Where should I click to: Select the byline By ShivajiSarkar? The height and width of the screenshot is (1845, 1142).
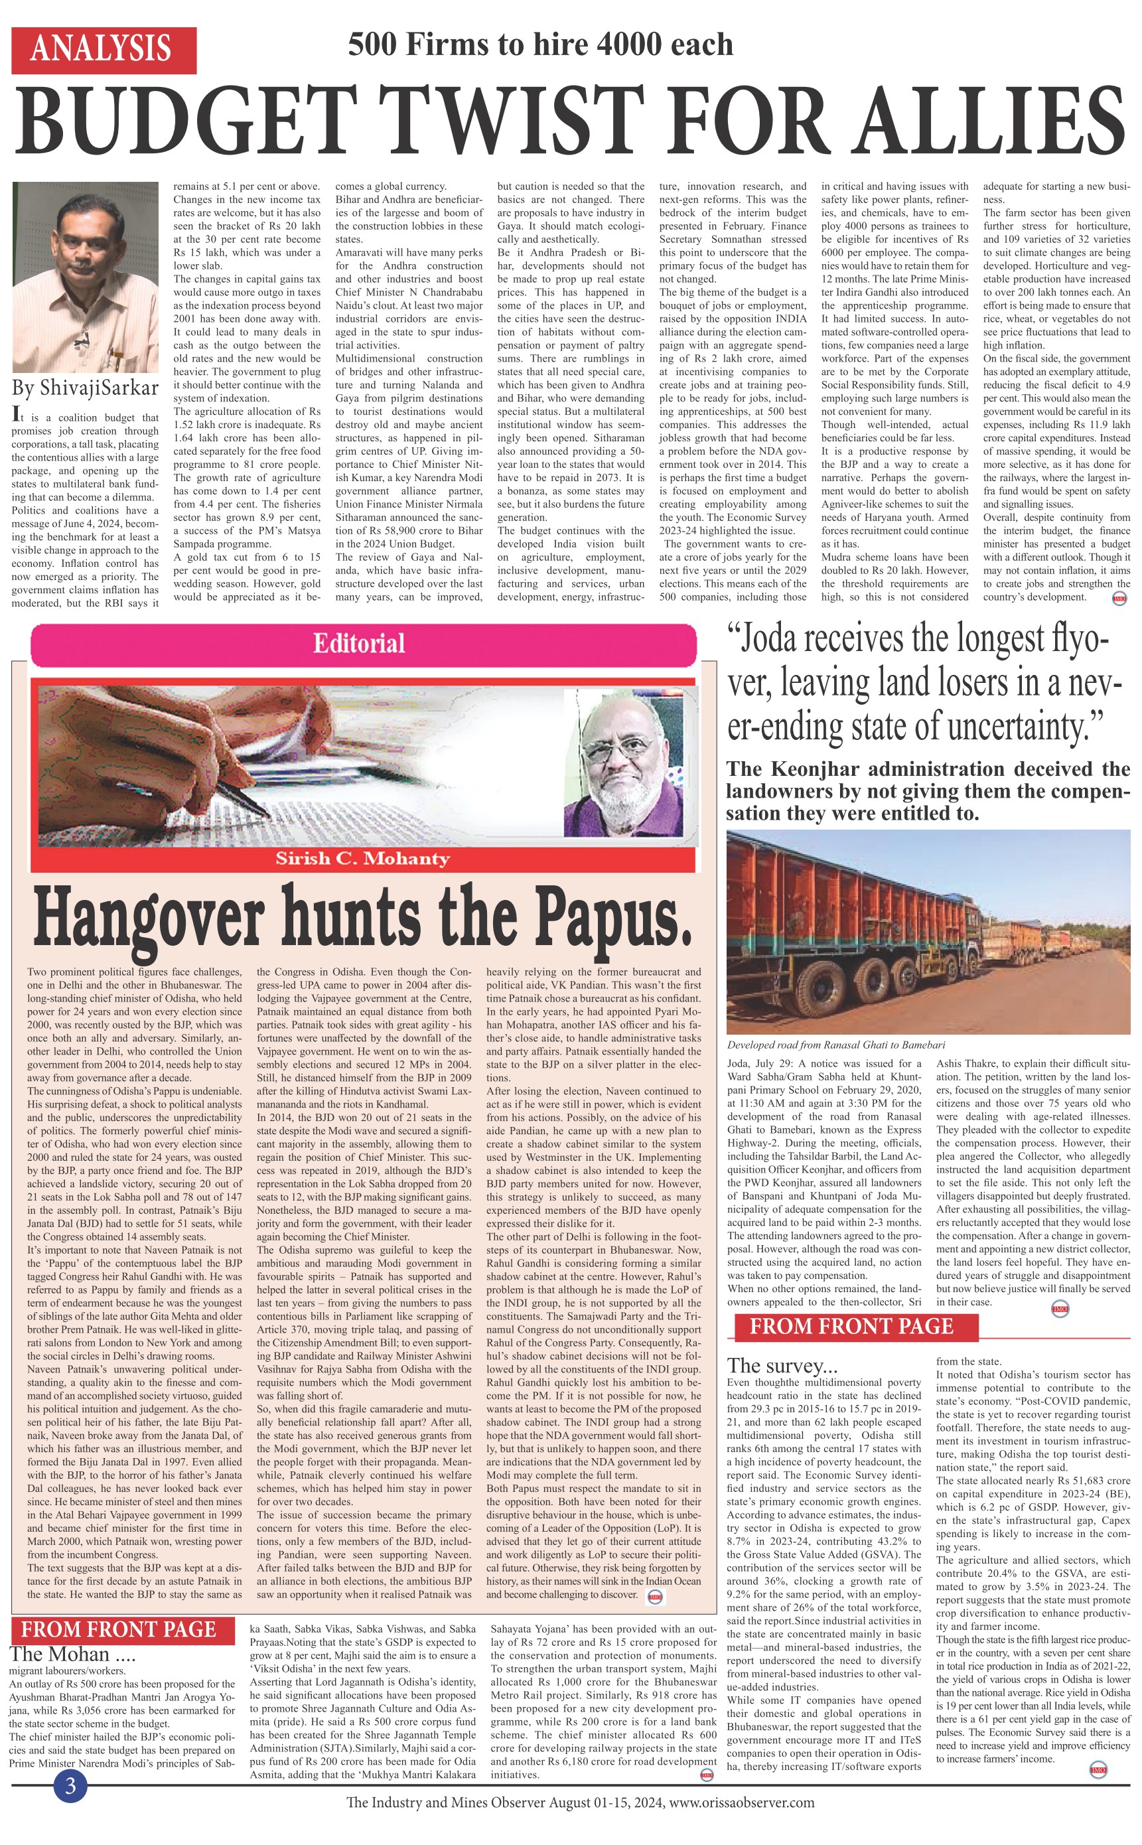coord(84,388)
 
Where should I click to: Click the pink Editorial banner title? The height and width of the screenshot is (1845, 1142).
coord(359,644)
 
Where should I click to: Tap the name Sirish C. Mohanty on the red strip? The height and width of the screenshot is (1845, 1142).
coord(362,858)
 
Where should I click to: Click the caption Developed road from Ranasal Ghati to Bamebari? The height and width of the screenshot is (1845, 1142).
coord(836,1045)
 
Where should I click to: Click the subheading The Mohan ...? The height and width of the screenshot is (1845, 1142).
coord(72,1653)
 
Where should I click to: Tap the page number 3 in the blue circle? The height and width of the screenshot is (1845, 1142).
coord(71,1785)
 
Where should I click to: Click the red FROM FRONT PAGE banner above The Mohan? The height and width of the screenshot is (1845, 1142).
coord(119,1629)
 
